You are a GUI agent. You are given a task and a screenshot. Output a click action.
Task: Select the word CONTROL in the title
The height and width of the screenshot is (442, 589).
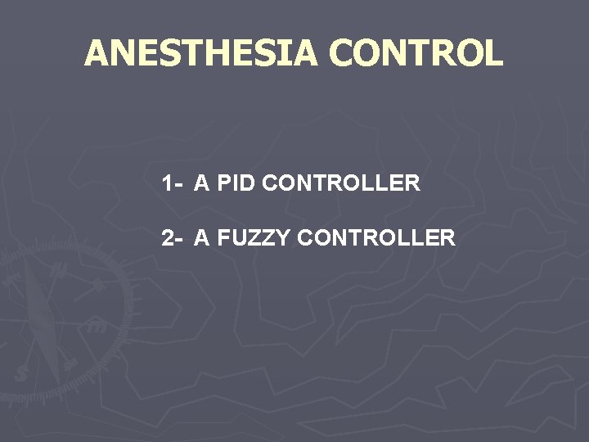click(416, 54)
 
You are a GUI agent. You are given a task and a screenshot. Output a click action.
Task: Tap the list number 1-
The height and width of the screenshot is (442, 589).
click(172, 183)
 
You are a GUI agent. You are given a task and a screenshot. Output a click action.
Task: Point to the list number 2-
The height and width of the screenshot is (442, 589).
click(172, 238)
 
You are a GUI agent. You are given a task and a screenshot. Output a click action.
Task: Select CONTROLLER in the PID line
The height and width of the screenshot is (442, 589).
click(342, 183)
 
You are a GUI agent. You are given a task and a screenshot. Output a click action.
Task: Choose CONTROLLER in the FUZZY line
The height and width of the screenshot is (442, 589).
click(376, 238)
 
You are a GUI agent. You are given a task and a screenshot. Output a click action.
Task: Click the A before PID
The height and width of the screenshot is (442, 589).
click(201, 183)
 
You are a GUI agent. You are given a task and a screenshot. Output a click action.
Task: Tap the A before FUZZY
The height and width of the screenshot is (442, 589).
click(201, 238)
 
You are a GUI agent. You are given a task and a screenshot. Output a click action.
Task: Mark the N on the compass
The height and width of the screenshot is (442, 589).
click(61, 270)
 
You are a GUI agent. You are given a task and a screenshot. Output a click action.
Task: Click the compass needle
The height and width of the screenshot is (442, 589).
click(41, 319)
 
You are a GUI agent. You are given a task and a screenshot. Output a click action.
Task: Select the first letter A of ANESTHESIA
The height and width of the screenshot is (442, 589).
click(97, 54)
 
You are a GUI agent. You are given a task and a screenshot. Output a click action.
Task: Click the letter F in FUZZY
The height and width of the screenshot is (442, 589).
click(223, 238)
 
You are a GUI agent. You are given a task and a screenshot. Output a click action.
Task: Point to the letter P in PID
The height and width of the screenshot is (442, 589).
click(223, 183)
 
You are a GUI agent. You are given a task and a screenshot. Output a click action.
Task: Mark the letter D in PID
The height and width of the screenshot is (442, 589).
click(250, 183)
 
